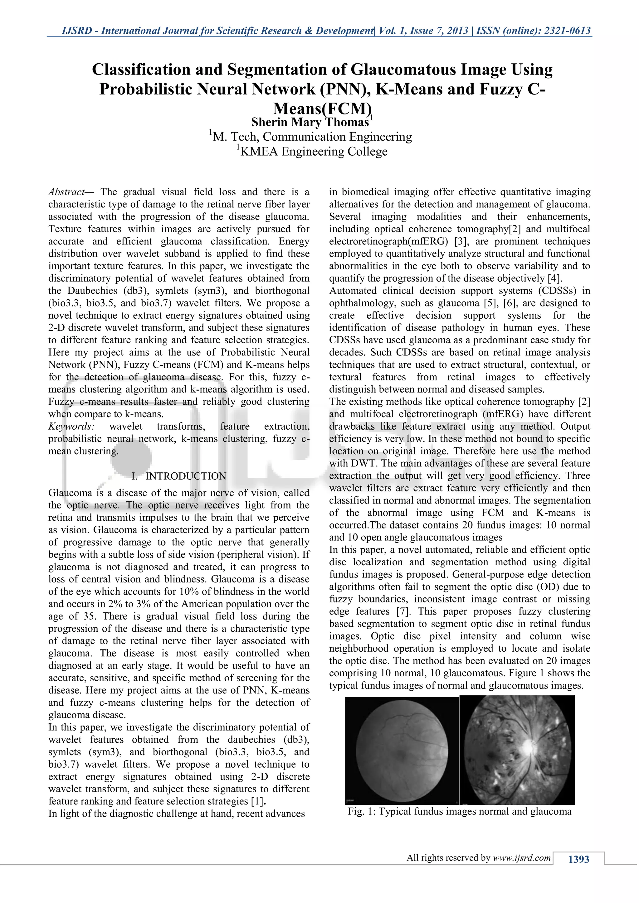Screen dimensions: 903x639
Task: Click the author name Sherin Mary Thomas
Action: click(x=310, y=122)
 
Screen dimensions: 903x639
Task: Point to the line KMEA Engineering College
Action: click(x=314, y=152)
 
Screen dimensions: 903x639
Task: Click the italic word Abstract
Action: click(x=66, y=192)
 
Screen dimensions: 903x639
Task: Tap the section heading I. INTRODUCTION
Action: click(x=179, y=476)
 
